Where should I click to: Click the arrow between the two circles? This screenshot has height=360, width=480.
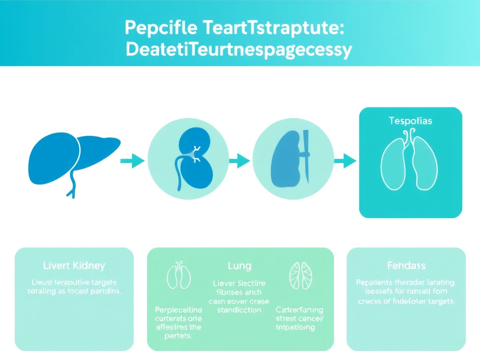240,161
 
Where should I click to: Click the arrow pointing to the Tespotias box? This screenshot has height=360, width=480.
345,161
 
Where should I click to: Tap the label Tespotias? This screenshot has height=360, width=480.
410,120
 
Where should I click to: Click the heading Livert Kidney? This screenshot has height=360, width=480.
74,266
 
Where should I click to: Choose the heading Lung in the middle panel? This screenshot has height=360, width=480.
239,266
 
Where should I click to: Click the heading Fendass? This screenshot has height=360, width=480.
406,266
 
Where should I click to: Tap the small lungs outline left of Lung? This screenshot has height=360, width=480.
179,276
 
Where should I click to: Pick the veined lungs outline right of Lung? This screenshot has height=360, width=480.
301,275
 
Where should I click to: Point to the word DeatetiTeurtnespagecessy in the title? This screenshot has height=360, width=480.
239,50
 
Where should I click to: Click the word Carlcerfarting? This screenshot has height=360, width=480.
299,310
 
